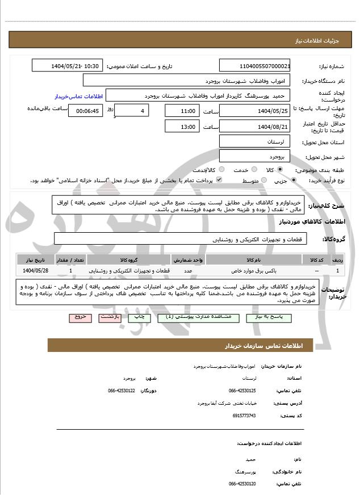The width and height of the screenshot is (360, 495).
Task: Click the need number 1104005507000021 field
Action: pos(255,66)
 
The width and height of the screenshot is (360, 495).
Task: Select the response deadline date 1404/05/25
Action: pos(255,111)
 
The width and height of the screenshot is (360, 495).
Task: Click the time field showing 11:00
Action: pos(182,111)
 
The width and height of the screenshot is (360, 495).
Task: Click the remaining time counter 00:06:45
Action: pos(86,111)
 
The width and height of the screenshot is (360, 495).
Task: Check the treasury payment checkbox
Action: pos(219,180)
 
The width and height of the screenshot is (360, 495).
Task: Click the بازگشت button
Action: pos(110,318)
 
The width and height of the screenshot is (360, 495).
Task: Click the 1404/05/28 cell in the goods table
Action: pos(36,270)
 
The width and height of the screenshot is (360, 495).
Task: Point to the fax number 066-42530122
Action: pos(122,391)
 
